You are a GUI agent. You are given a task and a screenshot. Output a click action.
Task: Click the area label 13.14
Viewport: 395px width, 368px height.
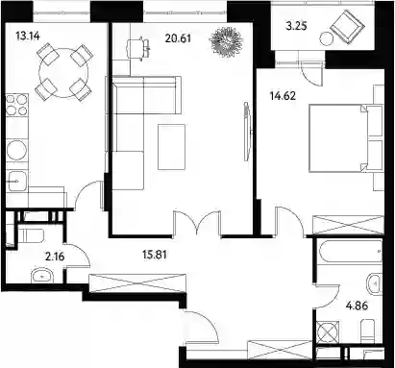pyautogui.click(x=28, y=36)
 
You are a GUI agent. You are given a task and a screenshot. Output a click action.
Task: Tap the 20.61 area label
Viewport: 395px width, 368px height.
pyautogui.click(x=178, y=38)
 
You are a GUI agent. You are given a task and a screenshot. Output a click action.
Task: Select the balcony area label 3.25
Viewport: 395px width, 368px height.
pyautogui.click(x=296, y=26)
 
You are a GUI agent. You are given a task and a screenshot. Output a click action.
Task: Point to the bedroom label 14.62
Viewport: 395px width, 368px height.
pyautogui.click(x=283, y=96)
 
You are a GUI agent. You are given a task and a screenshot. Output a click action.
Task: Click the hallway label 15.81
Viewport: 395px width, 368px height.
pyautogui.click(x=155, y=255)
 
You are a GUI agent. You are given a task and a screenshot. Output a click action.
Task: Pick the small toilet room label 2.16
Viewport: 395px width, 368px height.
pyautogui.click(x=55, y=257)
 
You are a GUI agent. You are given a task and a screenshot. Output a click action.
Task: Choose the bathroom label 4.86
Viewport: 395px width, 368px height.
pyautogui.click(x=357, y=306)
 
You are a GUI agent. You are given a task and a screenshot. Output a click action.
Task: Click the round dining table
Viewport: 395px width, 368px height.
pyautogui.click(x=63, y=73)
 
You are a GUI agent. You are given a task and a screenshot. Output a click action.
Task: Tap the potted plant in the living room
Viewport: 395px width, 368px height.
pyautogui.click(x=226, y=41)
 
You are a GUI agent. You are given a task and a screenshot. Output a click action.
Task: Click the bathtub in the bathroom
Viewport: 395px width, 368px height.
pyautogui.click(x=350, y=252)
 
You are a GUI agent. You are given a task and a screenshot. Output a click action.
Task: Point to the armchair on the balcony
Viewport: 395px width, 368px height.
pyautogui.click(x=347, y=27)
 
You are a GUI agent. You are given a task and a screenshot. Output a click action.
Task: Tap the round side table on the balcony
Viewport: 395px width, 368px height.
pyautogui.click(x=327, y=39)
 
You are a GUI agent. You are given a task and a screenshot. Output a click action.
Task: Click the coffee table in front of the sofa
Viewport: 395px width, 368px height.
pyautogui.click(x=171, y=147)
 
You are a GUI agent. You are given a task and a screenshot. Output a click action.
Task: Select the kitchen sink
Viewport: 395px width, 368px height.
pyautogui.click(x=17, y=182)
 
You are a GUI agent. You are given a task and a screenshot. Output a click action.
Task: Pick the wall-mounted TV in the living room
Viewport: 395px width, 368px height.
pyautogui.click(x=246, y=132)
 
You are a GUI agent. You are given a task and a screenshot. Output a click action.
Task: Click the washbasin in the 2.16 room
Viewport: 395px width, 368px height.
pyautogui.click(x=42, y=275)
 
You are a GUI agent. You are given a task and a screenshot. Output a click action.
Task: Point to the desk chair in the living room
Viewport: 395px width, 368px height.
pyautogui.click(x=136, y=49)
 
